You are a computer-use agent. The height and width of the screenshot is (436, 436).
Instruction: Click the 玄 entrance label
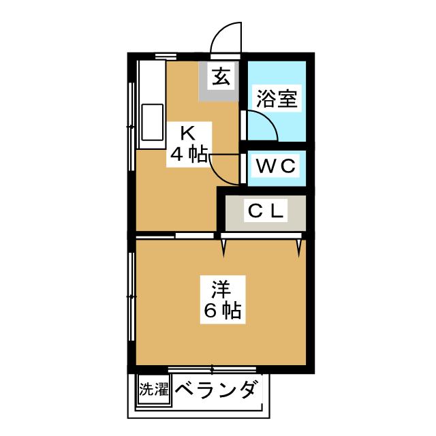(220, 76)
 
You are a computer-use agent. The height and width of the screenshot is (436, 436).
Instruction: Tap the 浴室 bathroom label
(277, 99)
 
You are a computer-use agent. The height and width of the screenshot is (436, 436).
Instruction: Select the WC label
(276, 166)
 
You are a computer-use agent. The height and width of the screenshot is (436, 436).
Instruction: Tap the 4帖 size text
(189, 155)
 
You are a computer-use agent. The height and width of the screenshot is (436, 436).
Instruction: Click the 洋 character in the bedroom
(220, 289)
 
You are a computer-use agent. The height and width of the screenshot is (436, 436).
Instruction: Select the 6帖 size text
(221, 311)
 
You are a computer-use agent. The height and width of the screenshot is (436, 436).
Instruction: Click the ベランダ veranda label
(217, 390)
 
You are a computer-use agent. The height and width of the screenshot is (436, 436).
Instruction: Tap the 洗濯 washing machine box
(154, 390)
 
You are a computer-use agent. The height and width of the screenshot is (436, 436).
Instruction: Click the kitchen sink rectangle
(151, 123)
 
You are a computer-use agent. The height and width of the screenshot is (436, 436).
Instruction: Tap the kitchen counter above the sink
(151, 82)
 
